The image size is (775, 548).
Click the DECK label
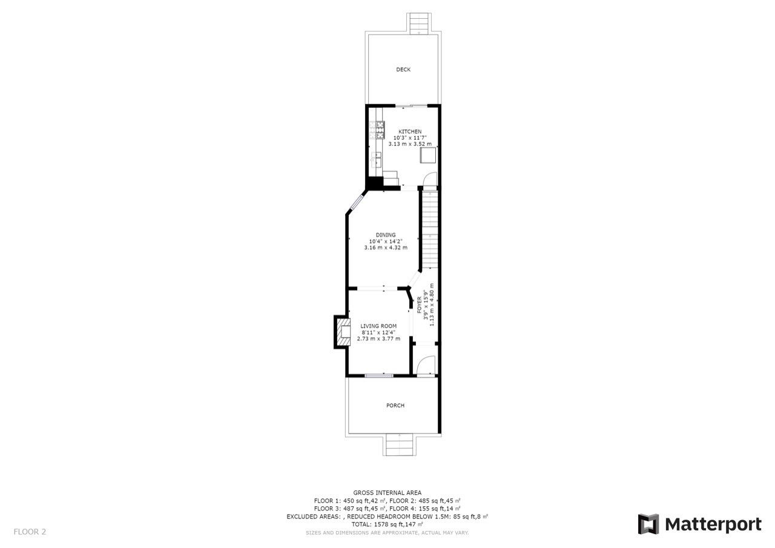point(403,70)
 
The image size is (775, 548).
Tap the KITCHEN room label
point(410,131)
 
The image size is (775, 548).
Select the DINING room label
point(386,235)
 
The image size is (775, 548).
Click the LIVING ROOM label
point(378,326)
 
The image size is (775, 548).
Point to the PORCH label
point(395,406)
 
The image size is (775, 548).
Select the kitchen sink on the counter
point(377,160)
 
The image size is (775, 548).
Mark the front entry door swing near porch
point(427,365)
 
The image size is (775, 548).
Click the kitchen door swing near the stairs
point(429,179)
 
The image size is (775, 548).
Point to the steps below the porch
point(400,446)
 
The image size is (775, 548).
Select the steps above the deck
point(418,24)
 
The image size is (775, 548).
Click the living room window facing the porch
point(378,376)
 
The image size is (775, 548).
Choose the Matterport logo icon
point(648,524)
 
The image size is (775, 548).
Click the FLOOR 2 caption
point(30,532)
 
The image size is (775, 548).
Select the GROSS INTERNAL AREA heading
point(387,493)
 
